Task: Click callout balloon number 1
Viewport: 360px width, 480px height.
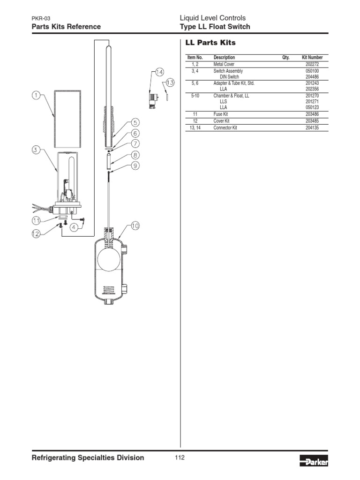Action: pos(36,96)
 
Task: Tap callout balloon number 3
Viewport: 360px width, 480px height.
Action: pos(36,150)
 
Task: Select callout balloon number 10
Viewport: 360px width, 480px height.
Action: pos(135,226)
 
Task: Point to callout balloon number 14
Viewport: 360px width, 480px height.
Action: pos(159,72)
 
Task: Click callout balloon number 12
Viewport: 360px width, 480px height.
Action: pos(36,234)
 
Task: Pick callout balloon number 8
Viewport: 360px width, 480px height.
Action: pos(135,154)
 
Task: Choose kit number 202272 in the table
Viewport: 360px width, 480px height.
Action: pos(312,64)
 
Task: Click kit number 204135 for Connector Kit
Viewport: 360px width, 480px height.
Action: pos(312,127)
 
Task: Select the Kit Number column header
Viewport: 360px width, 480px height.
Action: pos(312,58)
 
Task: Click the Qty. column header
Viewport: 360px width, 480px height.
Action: pos(285,58)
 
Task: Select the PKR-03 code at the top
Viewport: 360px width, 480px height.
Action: pos(41,18)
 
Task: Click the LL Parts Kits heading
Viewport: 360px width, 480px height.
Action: pos(210,43)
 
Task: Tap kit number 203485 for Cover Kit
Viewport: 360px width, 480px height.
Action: pos(312,121)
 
